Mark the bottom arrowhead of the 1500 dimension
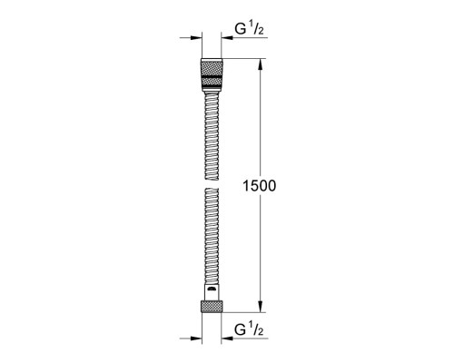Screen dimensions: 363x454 pyautogui.click(x=262, y=308)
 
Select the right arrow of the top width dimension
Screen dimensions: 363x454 pyautogui.click(x=227, y=37)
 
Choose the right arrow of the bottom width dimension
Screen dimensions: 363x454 pyautogui.click(x=227, y=339)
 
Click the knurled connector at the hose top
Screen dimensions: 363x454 pyautogui.click(x=211, y=69)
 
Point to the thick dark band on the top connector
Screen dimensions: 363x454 pyautogui.click(x=211, y=80)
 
